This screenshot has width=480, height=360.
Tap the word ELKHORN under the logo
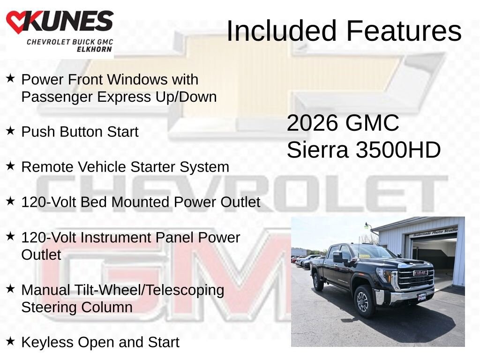coord(94,49)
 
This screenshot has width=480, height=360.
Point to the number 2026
coord(313,123)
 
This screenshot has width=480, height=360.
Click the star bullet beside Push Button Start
coord(10,131)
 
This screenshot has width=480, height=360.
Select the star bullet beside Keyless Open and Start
coord(10,341)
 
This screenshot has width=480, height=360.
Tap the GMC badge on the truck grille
coord(420,273)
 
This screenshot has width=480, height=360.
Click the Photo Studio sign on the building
coord(435,232)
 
